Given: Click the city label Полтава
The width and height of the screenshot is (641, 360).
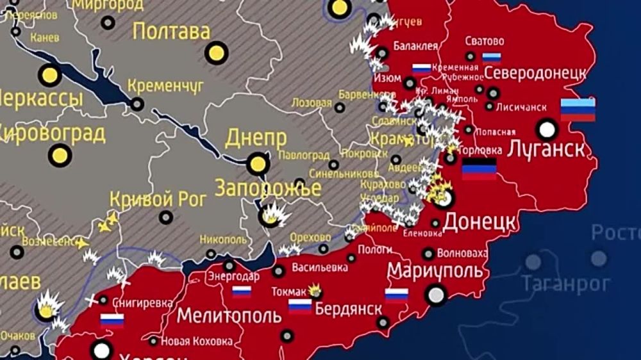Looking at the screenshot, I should click(x=171, y=31).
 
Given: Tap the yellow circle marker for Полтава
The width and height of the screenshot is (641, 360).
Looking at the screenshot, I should click(x=217, y=53).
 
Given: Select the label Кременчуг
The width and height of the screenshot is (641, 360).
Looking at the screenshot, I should click(x=165, y=85).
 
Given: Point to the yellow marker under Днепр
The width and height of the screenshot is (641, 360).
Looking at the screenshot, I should click(x=258, y=164).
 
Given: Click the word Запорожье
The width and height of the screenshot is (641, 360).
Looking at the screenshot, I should click(x=267, y=188).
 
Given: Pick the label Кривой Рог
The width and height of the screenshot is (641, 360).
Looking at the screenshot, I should click(x=158, y=199).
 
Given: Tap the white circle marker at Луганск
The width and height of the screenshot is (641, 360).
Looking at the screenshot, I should click(x=547, y=129).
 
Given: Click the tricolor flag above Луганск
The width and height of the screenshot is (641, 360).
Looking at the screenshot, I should click(x=578, y=110).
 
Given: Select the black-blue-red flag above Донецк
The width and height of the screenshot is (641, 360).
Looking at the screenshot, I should click(x=479, y=169).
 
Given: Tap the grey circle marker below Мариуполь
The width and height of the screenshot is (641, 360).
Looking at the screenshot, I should click(x=437, y=295).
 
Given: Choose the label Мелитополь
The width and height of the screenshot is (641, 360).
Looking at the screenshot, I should click(x=229, y=315).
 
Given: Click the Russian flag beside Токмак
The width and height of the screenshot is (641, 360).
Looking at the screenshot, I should click(x=300, y=306).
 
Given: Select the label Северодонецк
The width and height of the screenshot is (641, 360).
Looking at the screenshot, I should click(x=535, y=73).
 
